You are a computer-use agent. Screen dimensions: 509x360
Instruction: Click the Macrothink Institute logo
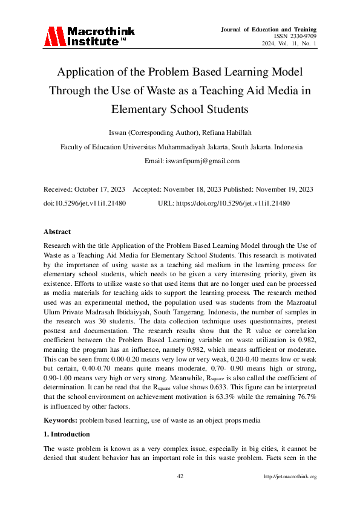coord(90,37)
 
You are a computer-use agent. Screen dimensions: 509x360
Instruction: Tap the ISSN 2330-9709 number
coord(296,36)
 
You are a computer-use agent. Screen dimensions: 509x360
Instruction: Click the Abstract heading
coord(57,232)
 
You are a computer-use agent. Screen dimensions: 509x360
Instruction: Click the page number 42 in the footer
coord(180,476)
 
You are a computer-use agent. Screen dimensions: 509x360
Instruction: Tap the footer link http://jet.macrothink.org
coord(290,476)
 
